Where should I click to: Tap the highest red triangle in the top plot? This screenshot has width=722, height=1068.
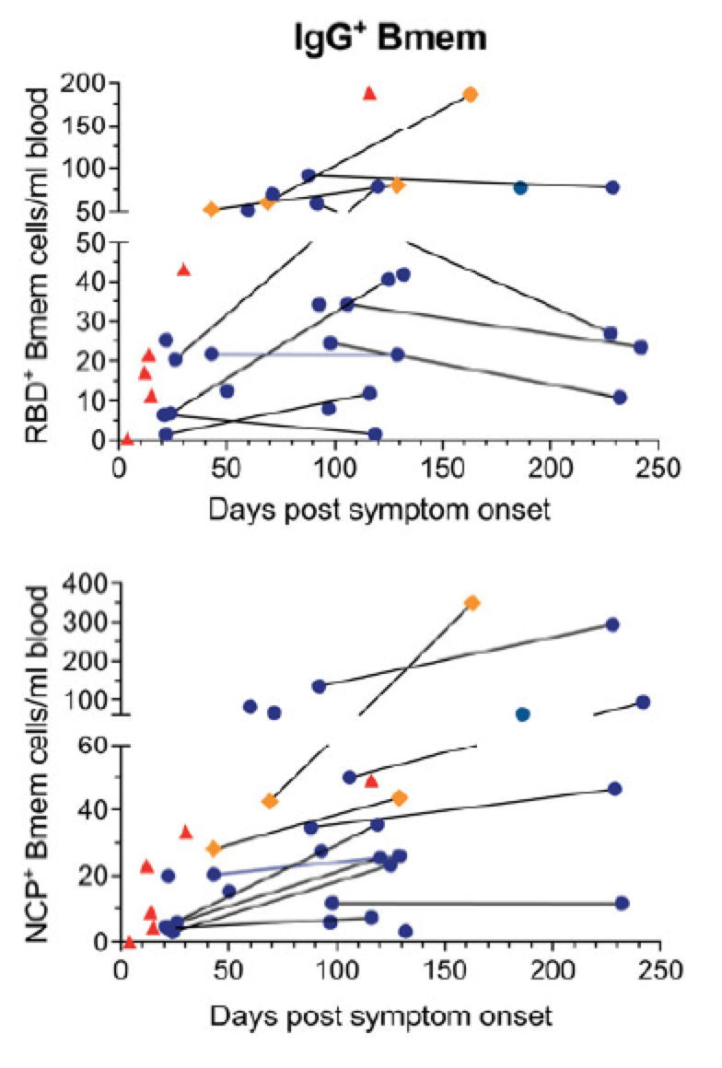[369, 93]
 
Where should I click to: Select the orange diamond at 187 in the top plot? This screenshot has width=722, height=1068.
[471, 95]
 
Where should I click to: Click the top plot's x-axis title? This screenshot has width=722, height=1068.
[379, 508]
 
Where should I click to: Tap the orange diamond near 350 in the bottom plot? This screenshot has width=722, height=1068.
[472, 603]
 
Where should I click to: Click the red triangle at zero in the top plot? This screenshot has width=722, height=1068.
[126, 438]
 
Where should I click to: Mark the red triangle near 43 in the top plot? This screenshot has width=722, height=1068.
[183, 270]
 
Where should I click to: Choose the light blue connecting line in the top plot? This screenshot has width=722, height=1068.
[304, 354]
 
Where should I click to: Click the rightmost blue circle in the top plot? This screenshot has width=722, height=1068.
[640, 347]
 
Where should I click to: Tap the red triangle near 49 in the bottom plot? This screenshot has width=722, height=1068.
[371, 782]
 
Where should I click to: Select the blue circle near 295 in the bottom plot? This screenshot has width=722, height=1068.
[612, 625]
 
